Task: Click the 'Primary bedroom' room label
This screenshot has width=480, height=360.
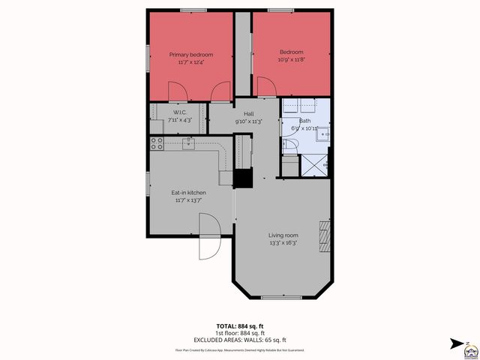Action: (x=190, y=55)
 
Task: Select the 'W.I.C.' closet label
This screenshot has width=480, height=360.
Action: (x=169, y=112)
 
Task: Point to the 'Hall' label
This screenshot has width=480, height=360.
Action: (x=248, y=113)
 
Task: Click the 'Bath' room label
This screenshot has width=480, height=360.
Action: (x=304, y=121)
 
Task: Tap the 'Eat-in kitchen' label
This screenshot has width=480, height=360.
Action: (x=189, y=193)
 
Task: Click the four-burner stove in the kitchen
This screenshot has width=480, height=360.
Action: (x=157, y=142)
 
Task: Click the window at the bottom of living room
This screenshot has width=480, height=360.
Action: (x=283, y=298)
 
